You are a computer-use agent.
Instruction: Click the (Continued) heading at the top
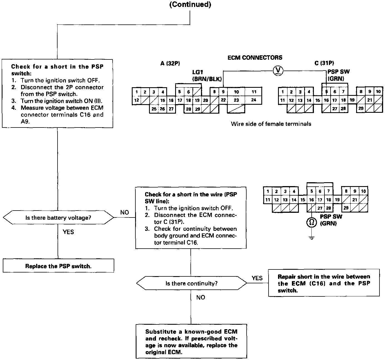[190, 5]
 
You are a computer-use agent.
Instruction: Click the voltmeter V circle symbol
[277, 71]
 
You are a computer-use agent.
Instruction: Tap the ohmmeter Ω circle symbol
[312, 222]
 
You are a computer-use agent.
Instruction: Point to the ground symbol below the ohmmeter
[312, 238]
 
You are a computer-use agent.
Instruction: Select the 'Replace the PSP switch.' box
[58, 266]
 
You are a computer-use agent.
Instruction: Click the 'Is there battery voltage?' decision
[58, 217]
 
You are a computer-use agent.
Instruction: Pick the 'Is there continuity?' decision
[191, 283]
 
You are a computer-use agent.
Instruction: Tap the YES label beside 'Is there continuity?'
[257, 278]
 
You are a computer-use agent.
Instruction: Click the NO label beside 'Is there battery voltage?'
[125, 212]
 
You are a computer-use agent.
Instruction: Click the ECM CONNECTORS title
[255, 57]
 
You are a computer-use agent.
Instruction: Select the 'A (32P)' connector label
[170, 63]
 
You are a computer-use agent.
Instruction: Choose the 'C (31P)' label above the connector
[324, 63]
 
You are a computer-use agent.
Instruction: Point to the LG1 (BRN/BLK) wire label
[207, 76]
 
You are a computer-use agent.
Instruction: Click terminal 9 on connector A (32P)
[223, 92]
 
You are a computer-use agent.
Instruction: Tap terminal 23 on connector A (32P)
[236, 100]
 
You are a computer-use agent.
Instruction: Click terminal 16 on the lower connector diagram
[311, 200]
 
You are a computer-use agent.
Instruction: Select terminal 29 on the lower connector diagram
[346, 208]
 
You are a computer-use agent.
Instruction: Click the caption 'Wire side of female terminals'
[271, 124]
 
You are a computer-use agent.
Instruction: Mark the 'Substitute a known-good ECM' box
[191, 342]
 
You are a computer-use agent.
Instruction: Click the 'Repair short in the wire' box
[324, 283]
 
